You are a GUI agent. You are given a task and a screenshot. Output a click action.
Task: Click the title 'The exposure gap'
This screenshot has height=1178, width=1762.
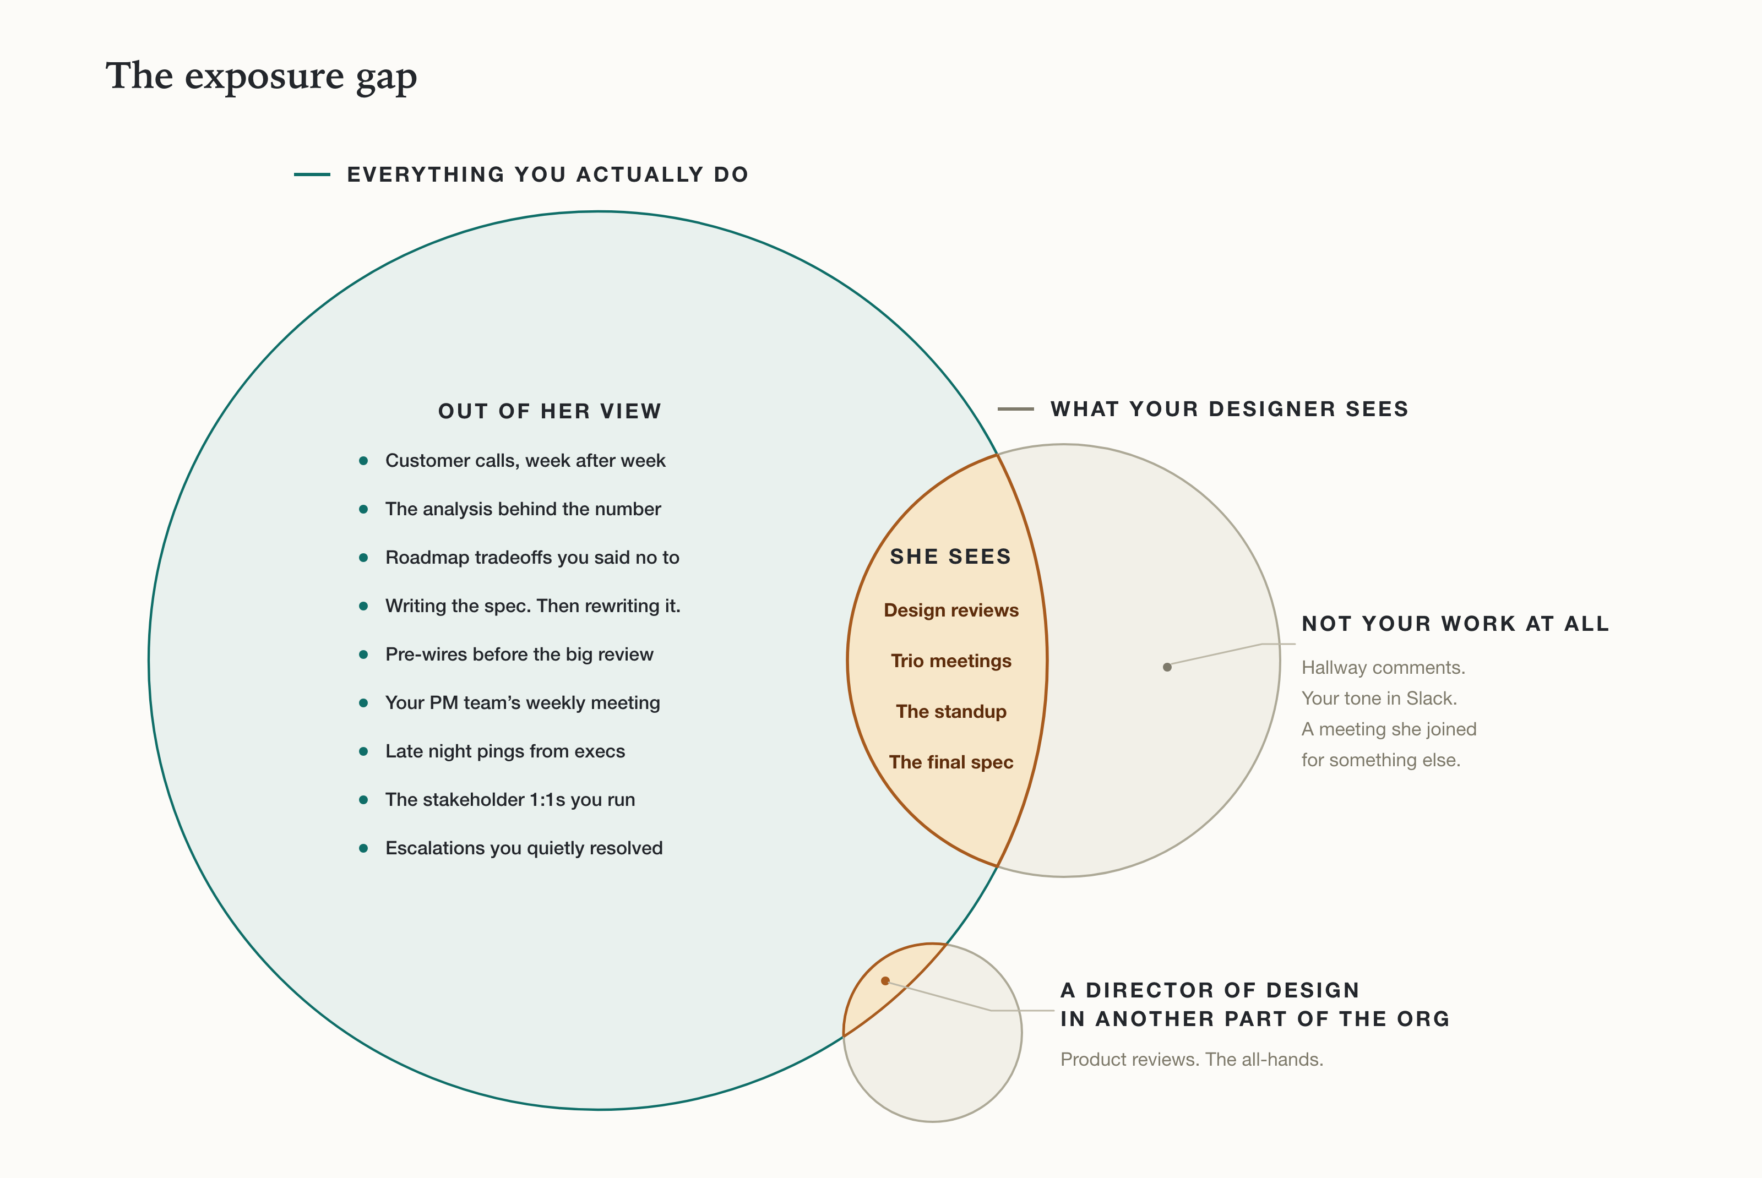(x=261, y=77)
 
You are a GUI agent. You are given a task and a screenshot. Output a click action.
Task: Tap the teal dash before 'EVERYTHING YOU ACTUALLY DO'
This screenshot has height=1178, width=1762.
(x=312, y=174)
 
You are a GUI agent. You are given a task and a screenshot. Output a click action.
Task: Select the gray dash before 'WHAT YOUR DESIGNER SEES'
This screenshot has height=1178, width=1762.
(x=1016, y=408)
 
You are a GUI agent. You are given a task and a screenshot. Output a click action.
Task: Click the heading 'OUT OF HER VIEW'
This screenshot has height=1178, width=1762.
(x=550, y=411)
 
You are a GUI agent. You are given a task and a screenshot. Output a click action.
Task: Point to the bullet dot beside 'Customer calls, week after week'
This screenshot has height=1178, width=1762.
(x=363, y=461)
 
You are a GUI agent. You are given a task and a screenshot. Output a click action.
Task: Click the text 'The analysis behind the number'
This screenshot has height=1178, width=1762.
(x=523, y=509)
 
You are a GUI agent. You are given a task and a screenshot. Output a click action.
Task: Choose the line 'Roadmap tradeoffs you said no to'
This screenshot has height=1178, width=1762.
(x=532, y=558)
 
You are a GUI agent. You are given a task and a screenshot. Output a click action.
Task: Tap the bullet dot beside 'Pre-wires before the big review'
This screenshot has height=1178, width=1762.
(x=363, y=655)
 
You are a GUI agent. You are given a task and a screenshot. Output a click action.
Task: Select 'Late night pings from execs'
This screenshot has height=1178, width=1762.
(x=505, y=751)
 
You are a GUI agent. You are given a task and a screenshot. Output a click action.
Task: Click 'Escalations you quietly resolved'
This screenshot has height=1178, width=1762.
(x=524, y=848)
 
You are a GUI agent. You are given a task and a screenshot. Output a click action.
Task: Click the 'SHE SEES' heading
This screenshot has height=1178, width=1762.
(x=950, y=557)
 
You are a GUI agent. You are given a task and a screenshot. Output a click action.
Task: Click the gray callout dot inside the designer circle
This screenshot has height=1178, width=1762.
(x=1167, y=667)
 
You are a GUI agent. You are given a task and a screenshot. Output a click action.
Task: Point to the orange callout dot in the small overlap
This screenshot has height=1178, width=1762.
(x=885, y=980)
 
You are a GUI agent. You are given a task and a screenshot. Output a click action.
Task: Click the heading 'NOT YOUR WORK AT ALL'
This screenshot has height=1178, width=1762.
(x=1455, y=624)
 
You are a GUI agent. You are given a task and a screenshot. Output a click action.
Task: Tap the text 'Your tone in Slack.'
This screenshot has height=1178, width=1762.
(x=1379, y=699)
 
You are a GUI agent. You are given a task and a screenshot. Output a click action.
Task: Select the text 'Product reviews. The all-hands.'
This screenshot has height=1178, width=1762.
(x=1192, y=1059)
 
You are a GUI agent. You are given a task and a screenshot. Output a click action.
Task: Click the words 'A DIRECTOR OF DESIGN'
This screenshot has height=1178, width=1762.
(x=1210, y=990)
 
